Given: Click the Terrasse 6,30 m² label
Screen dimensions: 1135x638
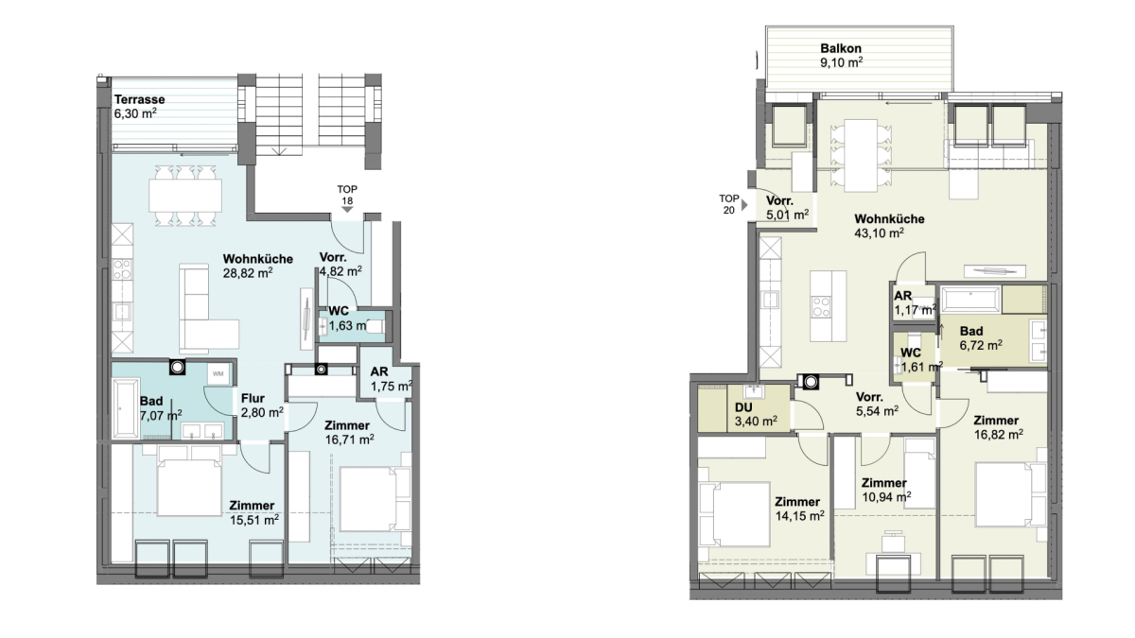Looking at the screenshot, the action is pos(139,106).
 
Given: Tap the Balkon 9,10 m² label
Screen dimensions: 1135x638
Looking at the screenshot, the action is pos(841,55).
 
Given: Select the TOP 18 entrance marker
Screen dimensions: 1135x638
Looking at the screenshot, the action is pos(347,198).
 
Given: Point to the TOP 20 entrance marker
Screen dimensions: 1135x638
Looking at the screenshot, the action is pos(733,204).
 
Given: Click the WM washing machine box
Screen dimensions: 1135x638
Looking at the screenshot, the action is pos(218,374).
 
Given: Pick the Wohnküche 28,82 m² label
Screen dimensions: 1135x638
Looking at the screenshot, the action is pos(258,266).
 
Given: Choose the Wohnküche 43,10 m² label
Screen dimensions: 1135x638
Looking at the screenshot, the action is pos(889,226).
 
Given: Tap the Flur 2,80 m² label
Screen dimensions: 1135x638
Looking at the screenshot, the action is pos(261,405).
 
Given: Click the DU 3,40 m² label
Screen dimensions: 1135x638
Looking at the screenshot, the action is pos(756,414).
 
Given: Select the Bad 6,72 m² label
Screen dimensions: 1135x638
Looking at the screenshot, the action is pos(981,338).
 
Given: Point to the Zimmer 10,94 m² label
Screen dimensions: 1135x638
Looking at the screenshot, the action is pos(885,491).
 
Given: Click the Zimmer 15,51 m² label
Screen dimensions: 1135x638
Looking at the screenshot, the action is pos(253,512).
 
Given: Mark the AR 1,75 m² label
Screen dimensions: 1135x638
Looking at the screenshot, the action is pos(391,379).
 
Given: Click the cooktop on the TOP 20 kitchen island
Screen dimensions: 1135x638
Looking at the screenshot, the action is pos(821,306).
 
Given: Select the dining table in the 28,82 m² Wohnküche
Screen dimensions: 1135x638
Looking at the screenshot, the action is pos(185,196).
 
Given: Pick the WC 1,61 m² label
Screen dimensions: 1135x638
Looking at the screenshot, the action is pos(921,360).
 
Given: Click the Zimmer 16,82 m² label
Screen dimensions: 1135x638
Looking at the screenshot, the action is pos(998,427).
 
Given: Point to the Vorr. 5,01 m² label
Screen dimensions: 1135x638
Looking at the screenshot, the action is pos(787,208).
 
